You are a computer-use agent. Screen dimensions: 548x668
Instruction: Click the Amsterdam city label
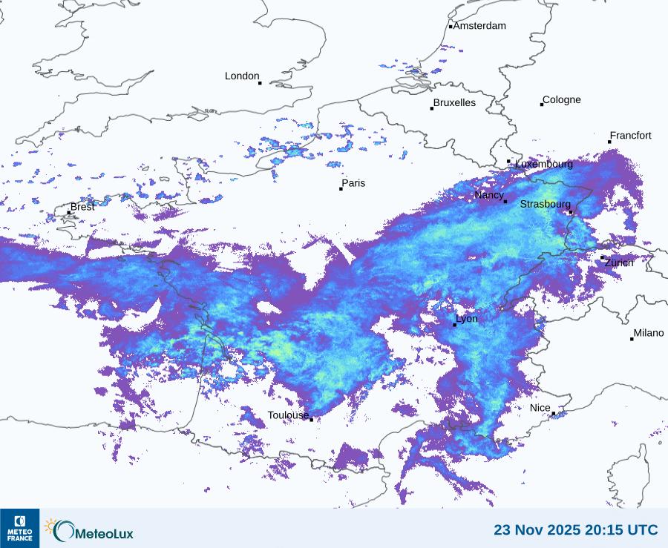pos(479,26)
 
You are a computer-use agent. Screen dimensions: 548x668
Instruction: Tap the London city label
pos(242,76)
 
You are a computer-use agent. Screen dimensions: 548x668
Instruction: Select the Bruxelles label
pos(454,103)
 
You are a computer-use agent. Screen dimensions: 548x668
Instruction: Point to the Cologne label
pos(562,100)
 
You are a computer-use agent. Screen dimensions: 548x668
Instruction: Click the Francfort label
pos(630,136)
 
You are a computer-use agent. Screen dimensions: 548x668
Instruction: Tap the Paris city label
pos(353,183)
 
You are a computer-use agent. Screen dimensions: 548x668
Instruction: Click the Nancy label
pos(489,195)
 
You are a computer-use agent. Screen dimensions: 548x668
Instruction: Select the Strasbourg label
pos(545,204)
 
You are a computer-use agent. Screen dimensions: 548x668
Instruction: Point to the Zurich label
pos(619,263)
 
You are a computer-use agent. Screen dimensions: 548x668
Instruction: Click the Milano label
pos(648,334)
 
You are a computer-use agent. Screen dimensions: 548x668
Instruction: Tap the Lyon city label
pos(467,319)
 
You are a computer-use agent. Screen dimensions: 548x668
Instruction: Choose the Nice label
pos(540,409)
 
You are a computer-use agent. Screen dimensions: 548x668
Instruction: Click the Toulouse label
pos(288,415)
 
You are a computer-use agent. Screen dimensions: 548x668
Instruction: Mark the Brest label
pos(82,207)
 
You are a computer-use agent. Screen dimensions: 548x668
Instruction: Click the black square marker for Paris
pos(341,189)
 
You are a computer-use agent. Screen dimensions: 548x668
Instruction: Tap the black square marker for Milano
pos(632,339)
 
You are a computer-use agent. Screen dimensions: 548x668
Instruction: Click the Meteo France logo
pos(19,528)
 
